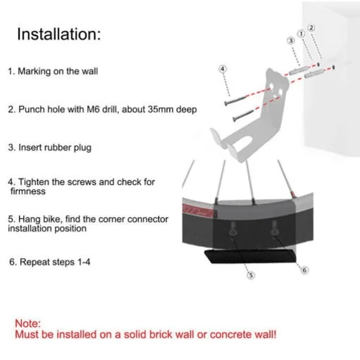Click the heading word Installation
pyautogui.click(x=59, y=34)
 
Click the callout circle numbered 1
pyautogui.click(x=302, y=34)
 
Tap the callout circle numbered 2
pyautogui.click(x=311, y=28)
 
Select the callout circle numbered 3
pyautogui.click(x=291, y=41)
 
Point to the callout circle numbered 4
pyautogui.click(x=223, y=69)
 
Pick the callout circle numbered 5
pyautogui.click(x=251, y=275)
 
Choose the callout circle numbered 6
pyautogui.click(x=304, y=270)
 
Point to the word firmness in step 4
pyautogui.click(x=28, y=191)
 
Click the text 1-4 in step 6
pyautogui.click(x=84, y=262)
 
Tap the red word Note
pyautogui.click(x=28, y=323)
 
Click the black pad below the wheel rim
pyautogui.click(x=250, y=256)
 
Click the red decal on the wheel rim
pyautogui.click(x=198, y=210)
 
